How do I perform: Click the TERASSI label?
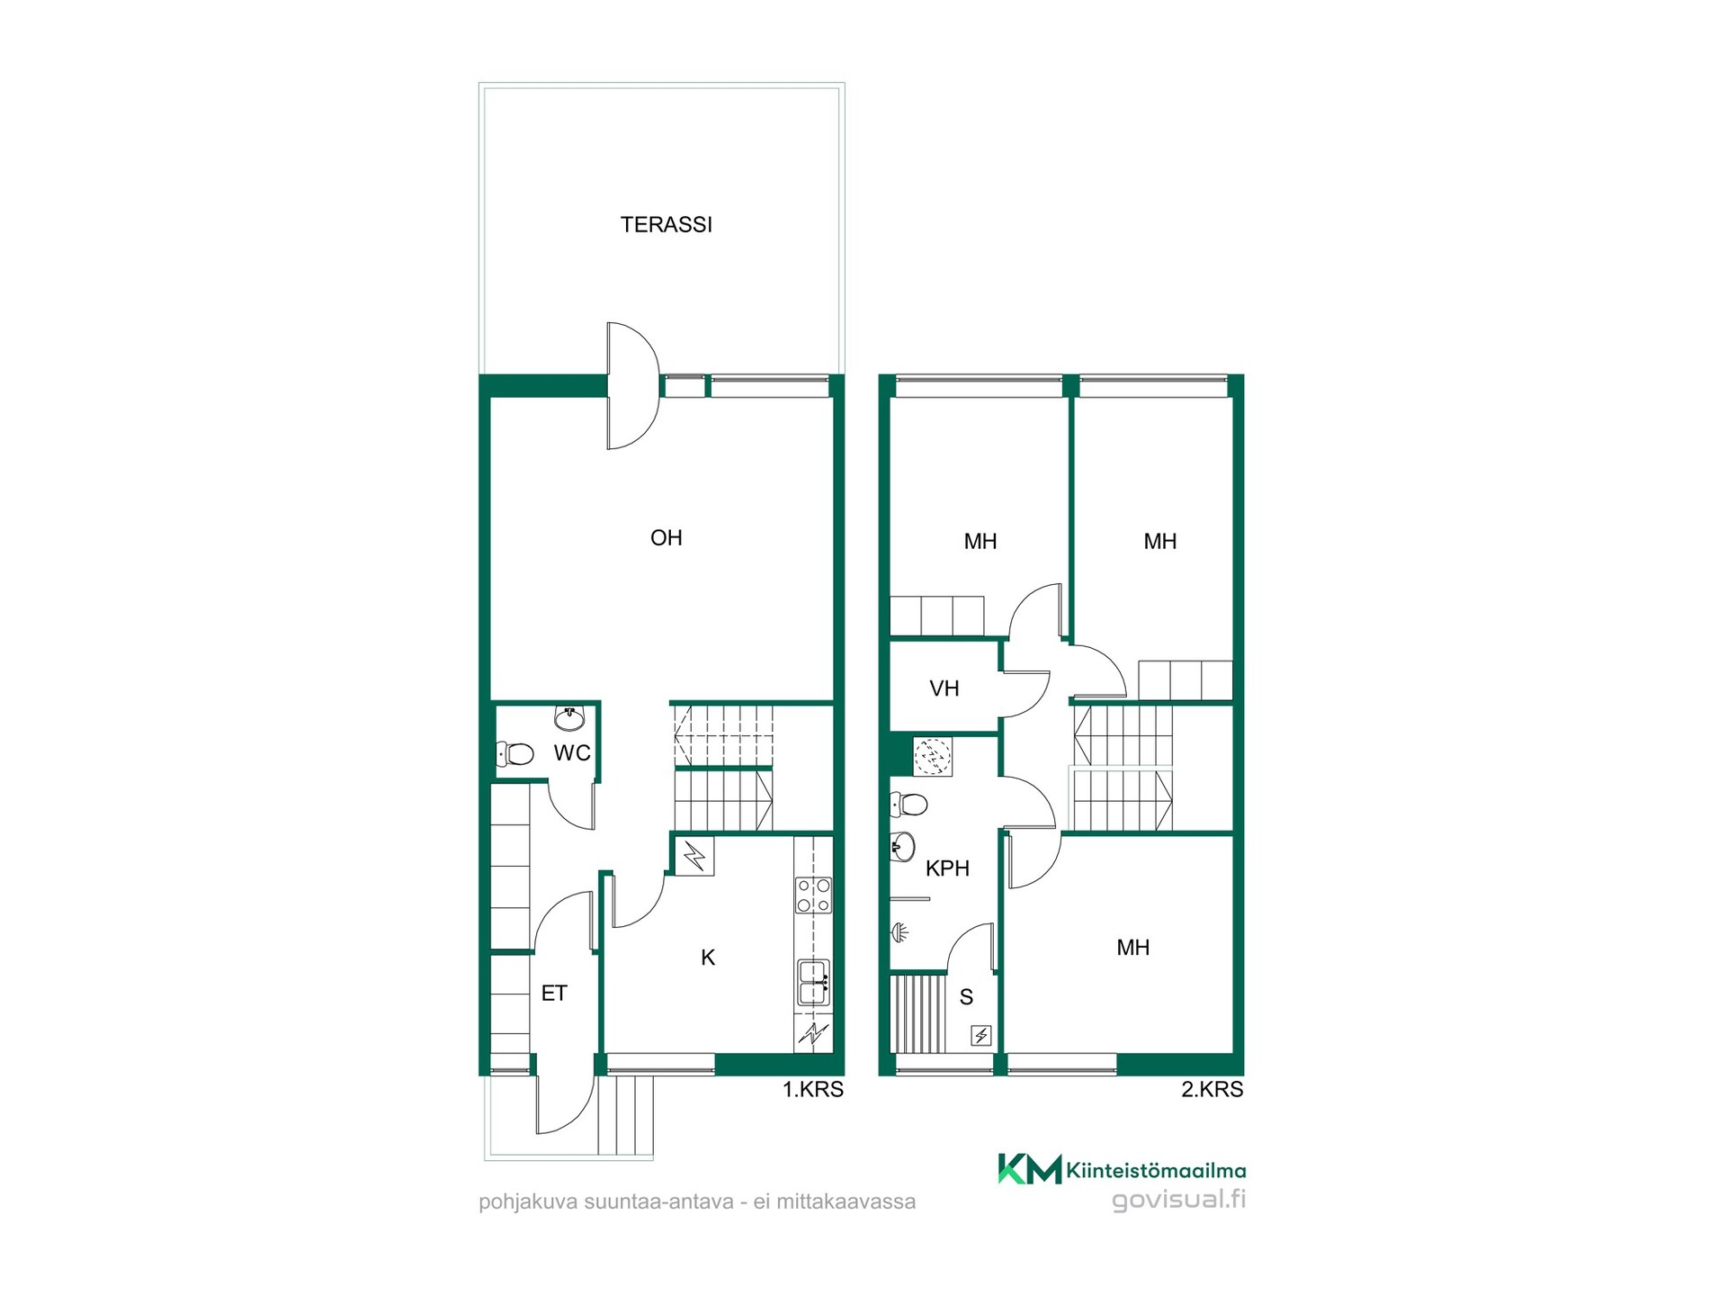(x=666, y=224)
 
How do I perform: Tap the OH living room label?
(x=666, y=538)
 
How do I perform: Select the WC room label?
(x=572, y=753)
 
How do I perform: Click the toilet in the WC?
(x=515, y=753)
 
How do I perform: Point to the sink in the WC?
(x=569, y=718)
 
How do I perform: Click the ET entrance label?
(x=554, y=993)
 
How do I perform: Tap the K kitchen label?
(x=708, y=958)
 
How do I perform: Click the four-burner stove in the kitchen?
(x=813, y=895)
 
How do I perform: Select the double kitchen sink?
(x=813, y=982)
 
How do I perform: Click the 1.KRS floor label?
(x=813, y=1090)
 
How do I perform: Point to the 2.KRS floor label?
(x=1212, y=1090)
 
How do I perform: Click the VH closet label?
(x=944, y=689)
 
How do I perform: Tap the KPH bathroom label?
(x=947, y=868)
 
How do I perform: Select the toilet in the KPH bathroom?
(x=908, y=804)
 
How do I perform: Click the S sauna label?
(x=966, y=997)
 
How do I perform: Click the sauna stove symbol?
(x=981, y=1036)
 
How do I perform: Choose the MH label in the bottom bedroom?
(x=1133, y=948)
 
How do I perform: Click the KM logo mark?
(x=1030, y=1169)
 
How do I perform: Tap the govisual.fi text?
(x=1178, y=1201)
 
